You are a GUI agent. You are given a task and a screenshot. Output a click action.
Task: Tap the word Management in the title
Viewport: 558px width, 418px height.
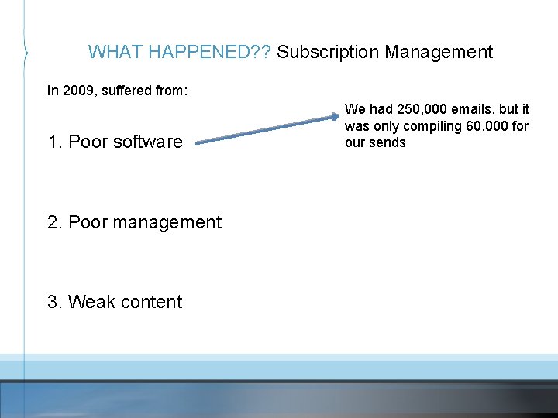(x=439, y=52)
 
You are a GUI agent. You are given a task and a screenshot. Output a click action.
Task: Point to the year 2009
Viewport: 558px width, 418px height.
(x=78, y=91)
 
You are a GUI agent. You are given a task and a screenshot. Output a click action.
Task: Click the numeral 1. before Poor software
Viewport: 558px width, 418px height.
(x=55, y=142)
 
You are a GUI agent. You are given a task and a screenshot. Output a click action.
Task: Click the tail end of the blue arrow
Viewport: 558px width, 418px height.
(x=198, y=142)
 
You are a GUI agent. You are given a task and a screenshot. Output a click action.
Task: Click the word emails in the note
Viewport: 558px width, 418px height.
(x=474, y=109)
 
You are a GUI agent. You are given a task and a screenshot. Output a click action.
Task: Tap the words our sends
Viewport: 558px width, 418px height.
(x=375, y=142)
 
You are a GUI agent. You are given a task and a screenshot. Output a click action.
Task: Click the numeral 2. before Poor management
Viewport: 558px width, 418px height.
(x=55, y=222)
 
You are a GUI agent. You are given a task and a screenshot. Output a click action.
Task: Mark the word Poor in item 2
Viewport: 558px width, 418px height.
(x=87, y=222)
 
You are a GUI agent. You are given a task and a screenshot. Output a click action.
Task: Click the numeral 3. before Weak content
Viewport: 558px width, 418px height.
(x=55, y=302)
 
